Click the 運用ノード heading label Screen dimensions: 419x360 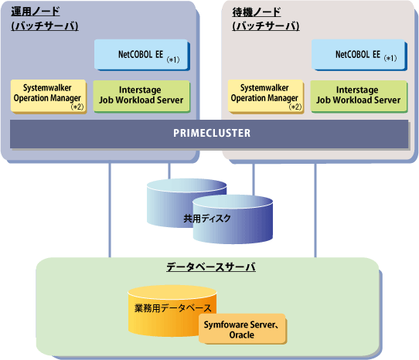pos(36,12)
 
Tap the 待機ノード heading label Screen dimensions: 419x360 pos(257,12)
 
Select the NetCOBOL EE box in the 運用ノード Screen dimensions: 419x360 pos(141,55)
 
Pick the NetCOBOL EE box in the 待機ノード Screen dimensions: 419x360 pos(359,55)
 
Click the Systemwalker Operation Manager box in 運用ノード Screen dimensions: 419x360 pos(49,97)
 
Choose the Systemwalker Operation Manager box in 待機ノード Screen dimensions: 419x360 pos(266,97)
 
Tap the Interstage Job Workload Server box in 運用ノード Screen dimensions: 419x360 pos(141,97)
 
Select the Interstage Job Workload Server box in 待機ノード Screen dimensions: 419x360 pos(359,97)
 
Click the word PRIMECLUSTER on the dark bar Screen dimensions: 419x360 pos(212,133)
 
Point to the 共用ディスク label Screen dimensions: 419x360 pos(207,219)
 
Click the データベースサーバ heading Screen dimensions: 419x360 pos(211,267)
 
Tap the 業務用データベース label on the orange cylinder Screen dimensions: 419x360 pos(173,308)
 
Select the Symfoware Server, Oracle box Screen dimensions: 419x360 pos(243,329)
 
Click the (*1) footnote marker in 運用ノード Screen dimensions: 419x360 pos(173,59)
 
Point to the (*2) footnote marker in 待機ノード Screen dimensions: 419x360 pos(295,107)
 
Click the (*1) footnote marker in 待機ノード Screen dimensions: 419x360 pos(390,58)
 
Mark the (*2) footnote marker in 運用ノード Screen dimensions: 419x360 pos(77,107)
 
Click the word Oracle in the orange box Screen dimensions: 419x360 pos(241,335)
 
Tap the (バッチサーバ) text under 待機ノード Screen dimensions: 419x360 pos(266,26)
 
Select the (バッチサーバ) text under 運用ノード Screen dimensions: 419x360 pos(45,26)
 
